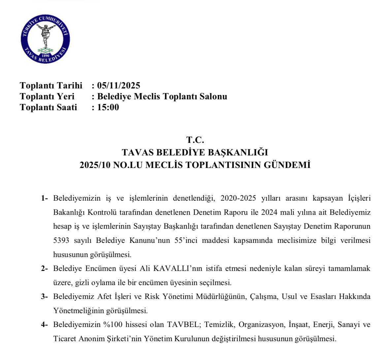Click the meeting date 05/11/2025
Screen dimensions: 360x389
tap(118, 85)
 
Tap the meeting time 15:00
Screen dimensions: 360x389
tap(108, 107)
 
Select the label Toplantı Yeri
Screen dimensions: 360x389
tap(47, 96)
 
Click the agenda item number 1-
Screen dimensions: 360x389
tap(45, 198)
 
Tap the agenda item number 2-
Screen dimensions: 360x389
tap(45, 269)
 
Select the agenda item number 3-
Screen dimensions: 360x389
tap(45, 297)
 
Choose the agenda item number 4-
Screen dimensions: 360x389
tap(45, 325)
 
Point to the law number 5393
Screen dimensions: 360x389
tap(61, 241)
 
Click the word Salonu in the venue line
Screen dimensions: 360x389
tap(214, 96)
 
